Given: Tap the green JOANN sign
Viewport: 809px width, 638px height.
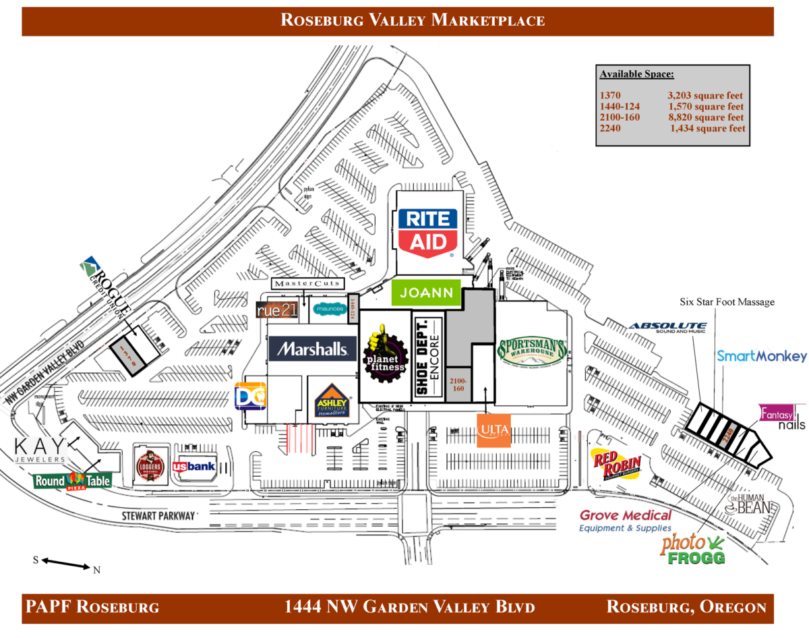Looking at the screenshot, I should pyautogui.click(x=426, y=293).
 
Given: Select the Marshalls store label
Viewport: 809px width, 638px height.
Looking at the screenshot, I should pyautogui.click(x=311, y=349).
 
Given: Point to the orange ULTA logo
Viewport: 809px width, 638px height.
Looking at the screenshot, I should pyautogui.click(x=493, y=430).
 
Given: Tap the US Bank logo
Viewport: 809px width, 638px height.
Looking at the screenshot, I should pyautogui.click(x=193, y=466).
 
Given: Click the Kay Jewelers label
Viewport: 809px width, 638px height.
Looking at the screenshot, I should pyautogui.click(x=41, y=450).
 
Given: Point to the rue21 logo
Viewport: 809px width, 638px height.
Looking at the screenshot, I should pyautogui.click(x=279, y=311).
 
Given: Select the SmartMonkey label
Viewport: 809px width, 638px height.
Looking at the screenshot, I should pyautogui.click(x=761, y=356).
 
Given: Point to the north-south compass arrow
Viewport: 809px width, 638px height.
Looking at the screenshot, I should pyautogui.click(x=65, y=563).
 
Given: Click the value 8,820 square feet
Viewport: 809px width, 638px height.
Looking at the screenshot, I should pyautogui.click(x=707, y=117).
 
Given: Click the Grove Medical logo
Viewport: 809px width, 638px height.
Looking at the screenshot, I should pyautogui.click(x=626, y=521).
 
